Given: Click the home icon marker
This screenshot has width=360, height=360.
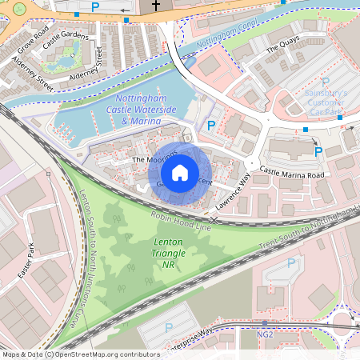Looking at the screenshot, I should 180,173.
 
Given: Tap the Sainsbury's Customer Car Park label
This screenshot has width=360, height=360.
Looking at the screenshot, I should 325,102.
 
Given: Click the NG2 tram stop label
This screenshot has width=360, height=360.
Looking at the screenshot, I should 265,334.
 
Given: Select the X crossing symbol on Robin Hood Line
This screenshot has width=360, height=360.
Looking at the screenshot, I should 214,219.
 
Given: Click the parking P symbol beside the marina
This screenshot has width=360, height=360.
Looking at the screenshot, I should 211,125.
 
